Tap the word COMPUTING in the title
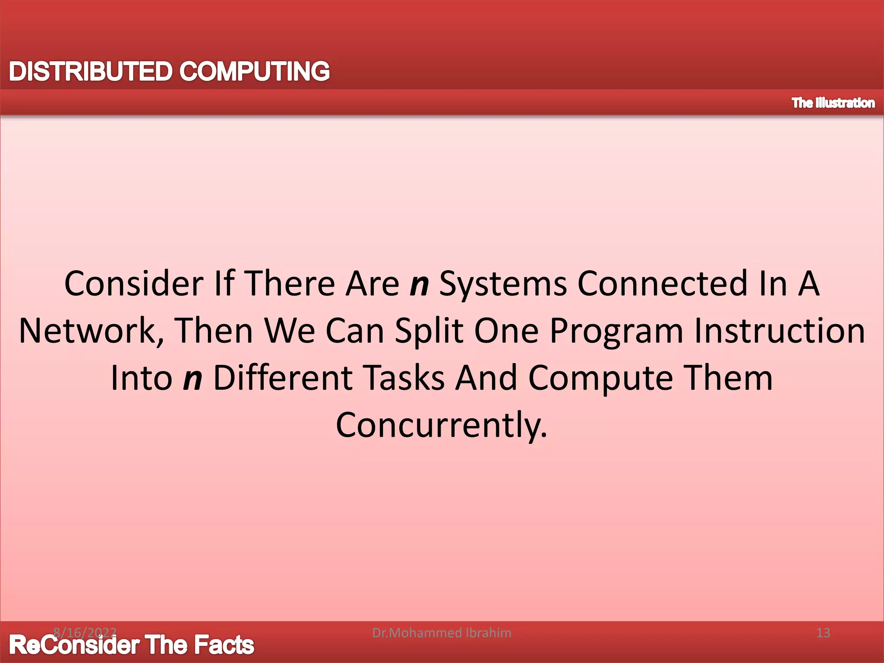[254, 71]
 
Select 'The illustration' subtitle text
[833, 103]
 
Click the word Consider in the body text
[134, 284]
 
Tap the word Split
[429, 331]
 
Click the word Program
[617, 331]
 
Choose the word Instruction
[780, 331]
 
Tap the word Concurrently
[442, 425]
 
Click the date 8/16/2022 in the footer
[85, 633]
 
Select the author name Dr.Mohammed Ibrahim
[442, 633]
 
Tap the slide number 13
[823, 633]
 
